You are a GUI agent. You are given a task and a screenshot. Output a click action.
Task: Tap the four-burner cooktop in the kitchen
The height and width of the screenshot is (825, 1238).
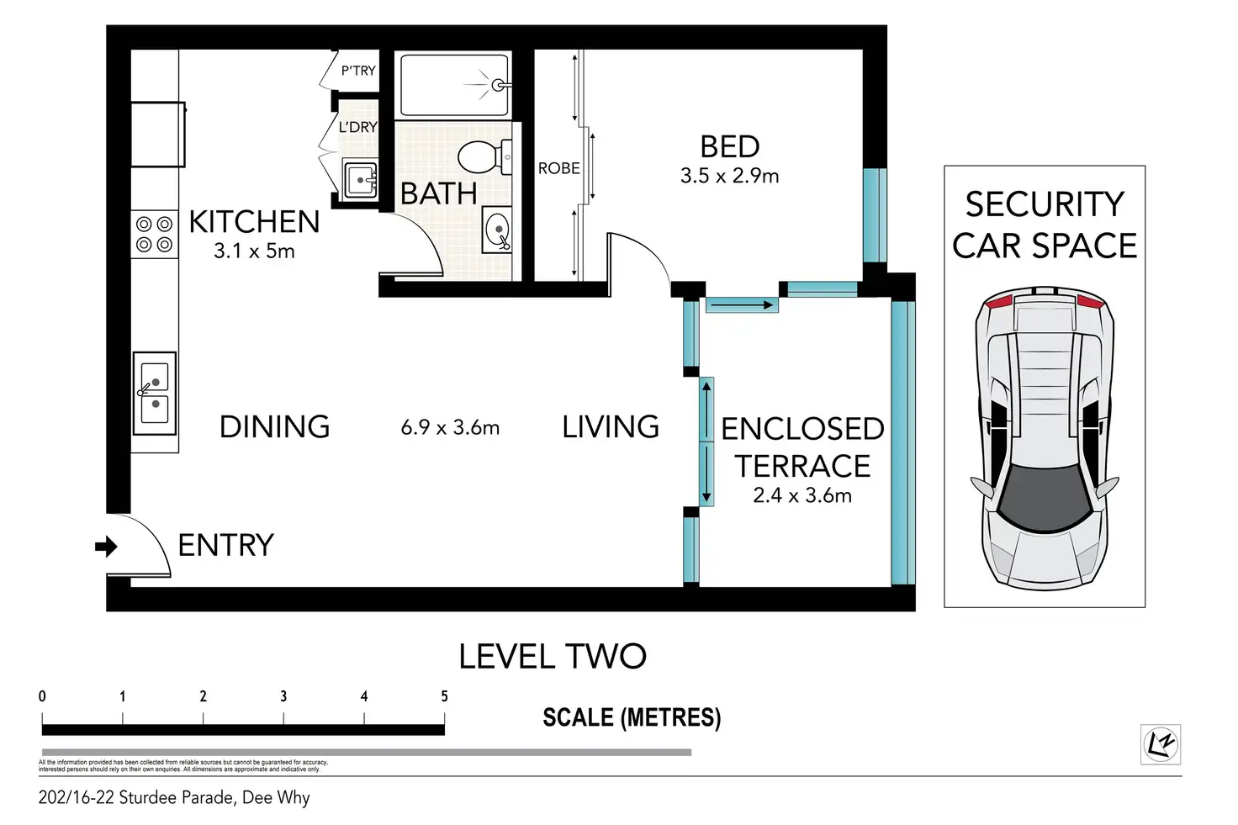[154, 234]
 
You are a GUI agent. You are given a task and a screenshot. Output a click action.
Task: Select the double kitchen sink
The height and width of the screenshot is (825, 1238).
[155, 394]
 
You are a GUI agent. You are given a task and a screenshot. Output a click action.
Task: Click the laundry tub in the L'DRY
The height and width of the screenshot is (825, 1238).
[360, 180]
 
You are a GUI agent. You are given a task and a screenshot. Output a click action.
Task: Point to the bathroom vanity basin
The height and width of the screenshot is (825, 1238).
[497, 230]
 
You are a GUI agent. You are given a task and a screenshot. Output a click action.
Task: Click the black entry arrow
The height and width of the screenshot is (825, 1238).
[106, 547]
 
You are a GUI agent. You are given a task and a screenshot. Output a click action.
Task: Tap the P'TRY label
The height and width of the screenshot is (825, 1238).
[358, 70]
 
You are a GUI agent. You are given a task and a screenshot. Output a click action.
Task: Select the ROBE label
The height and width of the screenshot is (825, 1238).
[558, 168]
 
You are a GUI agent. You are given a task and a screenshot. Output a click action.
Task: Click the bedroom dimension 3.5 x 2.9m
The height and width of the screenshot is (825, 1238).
[729, 176]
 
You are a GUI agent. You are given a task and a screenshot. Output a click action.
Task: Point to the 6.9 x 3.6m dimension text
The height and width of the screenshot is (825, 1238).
[450, 427]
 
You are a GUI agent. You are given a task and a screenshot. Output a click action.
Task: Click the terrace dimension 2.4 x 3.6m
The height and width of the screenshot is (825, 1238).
[802, 495]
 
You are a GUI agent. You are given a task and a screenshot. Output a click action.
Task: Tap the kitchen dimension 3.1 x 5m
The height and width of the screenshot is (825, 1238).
[254, 251]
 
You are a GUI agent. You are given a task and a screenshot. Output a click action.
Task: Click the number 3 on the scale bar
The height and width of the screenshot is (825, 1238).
[283, 696]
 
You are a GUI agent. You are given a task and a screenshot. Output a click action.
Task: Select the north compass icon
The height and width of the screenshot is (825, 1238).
[1161, 744]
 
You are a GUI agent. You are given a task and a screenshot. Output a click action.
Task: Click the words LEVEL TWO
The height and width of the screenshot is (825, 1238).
[553, 656]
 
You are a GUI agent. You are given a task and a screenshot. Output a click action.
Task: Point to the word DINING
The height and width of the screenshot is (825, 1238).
[275, 426]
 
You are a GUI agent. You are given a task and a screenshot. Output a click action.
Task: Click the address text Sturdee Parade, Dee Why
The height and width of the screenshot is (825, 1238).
[214, 797]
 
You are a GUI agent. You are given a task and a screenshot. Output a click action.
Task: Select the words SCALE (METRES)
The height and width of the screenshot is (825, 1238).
[632, 717]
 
